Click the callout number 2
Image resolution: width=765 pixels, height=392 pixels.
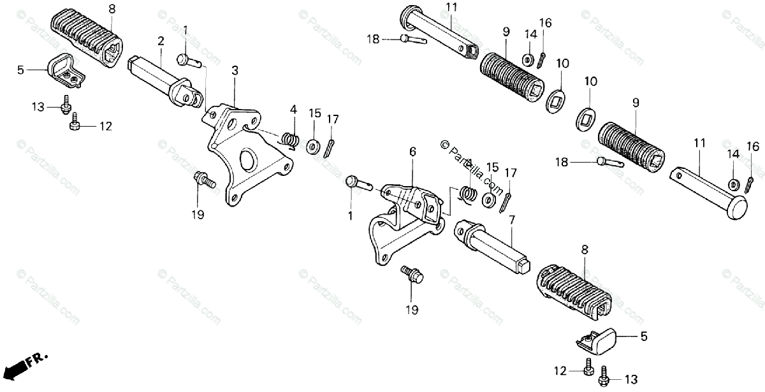click(x=161, y=41)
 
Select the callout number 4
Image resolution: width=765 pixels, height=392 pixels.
click(x=293, y=109)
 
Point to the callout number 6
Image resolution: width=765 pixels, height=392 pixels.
click(x=412, y=151)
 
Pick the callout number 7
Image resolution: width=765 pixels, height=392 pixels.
click(x=511, y=220)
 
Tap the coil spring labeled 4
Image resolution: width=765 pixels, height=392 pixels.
click(x=291, y=138)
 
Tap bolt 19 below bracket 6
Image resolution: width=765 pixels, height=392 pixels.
click(x=412, y=275)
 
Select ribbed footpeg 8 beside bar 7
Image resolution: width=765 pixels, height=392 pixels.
click(x=574, y=286)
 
